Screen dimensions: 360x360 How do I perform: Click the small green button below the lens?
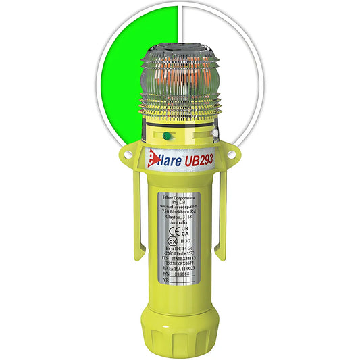pos(168,135)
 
